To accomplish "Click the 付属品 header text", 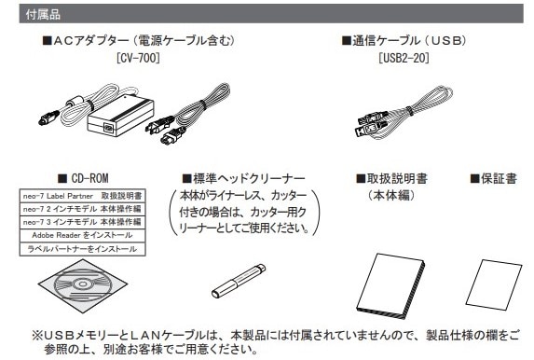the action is pyautogui.click(x=43, y=14).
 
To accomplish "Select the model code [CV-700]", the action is pyautogui.click(x=138, y=58).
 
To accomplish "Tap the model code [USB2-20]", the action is pyautogui.click(x=404, y=58).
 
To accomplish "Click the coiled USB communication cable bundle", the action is pyautogui.click(x=405, y=113).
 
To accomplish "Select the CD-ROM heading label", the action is pyautogui.click(x=83, y=178).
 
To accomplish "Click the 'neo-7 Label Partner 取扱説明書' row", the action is pyautogui.click(x=82, y=196).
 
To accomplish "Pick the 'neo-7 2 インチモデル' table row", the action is pyautogui.click(x=82, y=209).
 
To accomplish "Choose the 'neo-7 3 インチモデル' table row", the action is pyautogui.click(x=82, y=222).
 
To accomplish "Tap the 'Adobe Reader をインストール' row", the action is pyautogui.click(x=82, y=235).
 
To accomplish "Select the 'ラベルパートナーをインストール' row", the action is pyautogui.click(x=82, y=249).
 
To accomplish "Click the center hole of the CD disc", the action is pyautogui.click(x=82, y=284).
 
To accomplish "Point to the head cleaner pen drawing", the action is pyautogui.click(x=238, y=282).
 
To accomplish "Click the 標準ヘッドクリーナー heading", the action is pyautogui.click(x=243, y=178).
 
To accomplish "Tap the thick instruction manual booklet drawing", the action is pyautogui.click(x=390, y=285).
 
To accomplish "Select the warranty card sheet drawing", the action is pyautogui.click(x=494, y=284).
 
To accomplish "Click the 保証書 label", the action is pyautogui.click(x=494, y=178).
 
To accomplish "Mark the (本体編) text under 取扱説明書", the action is pyautogui.click(x=391, y=195).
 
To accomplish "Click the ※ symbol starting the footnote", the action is pyautogui.click(x=37, y=336).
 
